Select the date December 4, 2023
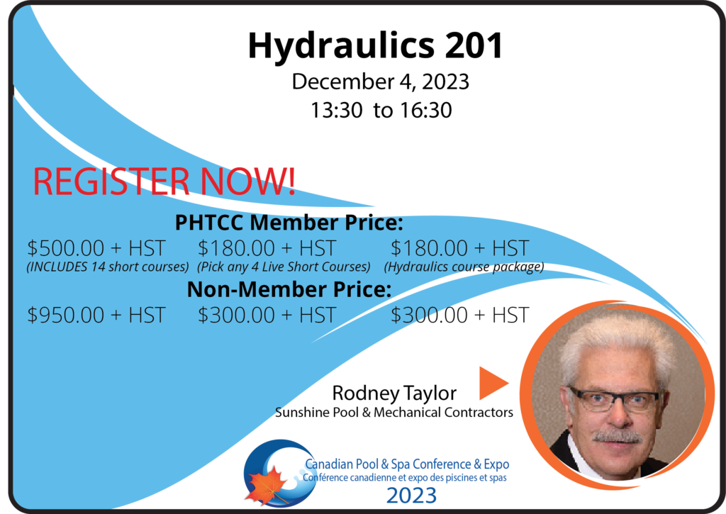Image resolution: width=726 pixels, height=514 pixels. click(380, 82)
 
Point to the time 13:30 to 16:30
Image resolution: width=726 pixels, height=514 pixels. click(381, 110)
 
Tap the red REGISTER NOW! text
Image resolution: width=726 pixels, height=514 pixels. click(164, 181)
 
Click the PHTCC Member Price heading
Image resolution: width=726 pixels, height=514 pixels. click(289, 223)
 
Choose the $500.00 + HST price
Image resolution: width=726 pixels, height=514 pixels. click(96, 248)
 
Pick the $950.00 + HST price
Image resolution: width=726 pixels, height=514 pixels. click(96, 315)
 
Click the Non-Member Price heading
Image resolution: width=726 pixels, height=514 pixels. click(289, 289)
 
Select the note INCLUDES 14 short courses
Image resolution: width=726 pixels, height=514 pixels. click(108, 267)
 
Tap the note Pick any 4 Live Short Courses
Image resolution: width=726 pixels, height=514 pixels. click(284, 267)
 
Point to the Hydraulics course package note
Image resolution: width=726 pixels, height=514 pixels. click(464, 267)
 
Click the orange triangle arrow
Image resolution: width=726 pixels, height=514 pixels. click(491, 383)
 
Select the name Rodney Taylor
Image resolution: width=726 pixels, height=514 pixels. click(394, 393)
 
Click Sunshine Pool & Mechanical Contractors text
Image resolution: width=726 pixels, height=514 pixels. click(394, 412)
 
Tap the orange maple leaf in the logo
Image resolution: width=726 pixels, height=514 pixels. click(267, 486)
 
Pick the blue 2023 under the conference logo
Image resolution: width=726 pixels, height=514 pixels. click(411, 496)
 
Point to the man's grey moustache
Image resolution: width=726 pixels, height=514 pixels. click(618, 437)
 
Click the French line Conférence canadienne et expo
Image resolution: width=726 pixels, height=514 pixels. click(405, 478)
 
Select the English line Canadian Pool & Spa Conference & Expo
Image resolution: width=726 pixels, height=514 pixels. click(407, 464)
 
